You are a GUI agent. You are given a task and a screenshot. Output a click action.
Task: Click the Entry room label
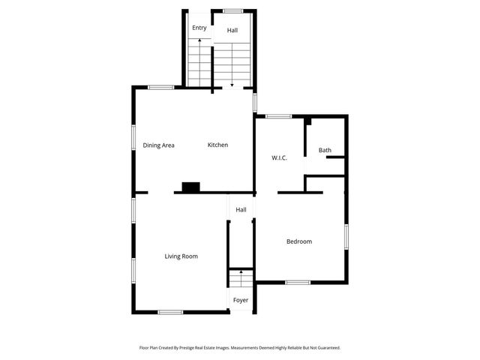coord(199,28)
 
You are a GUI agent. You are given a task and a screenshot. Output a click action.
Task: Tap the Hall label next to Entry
coord(232,31)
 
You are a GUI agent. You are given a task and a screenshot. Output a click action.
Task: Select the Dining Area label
coord(159,145)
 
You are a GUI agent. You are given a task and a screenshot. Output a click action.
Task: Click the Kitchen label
coord(217,145)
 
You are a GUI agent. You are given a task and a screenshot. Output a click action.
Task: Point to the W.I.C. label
coord(279,157)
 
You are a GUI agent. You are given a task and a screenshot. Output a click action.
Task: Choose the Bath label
coord(325,150)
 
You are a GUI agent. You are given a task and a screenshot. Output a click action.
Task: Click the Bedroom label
coord(299,241)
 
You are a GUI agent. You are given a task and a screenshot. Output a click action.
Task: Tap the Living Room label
coord(181,256)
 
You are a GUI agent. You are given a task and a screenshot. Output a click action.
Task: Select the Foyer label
coord(240,300)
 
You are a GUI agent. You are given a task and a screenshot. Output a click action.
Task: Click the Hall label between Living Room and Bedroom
coord(241,210)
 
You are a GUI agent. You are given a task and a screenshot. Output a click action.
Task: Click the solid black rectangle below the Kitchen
coord(190,187)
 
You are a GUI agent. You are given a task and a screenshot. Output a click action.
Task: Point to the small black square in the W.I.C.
coord(307,121)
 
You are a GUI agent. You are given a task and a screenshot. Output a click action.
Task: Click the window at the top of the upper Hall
coord(232,10)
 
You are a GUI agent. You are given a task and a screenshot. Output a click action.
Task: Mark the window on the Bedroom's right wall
coord(346,235)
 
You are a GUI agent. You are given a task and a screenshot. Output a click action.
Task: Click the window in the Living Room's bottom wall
coord(170,312)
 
